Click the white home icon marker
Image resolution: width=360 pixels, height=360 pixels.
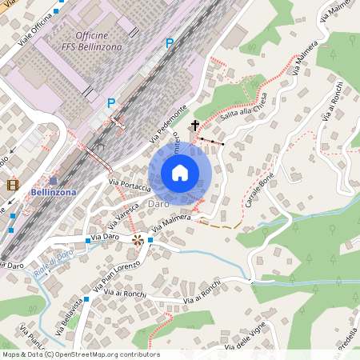pyautogui.click(x=180, y=173)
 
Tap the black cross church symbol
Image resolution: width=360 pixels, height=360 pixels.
pyautogui.click(x=194, y=126)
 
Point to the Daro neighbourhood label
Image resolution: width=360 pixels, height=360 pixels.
pyautogui.click(x=158, y=205)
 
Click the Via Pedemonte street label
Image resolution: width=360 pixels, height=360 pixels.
pyautogui.click(x=169, y=124)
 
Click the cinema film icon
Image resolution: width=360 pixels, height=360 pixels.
pyautogui.click(x=13, y=185)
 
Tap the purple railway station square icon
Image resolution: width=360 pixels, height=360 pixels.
pyautogui.click(x=53, y=181)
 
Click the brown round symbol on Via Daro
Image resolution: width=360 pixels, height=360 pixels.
pyautogui.click(x=138, y=239)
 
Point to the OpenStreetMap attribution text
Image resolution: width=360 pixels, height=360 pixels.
pyautogui.click(x=80, y=354)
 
